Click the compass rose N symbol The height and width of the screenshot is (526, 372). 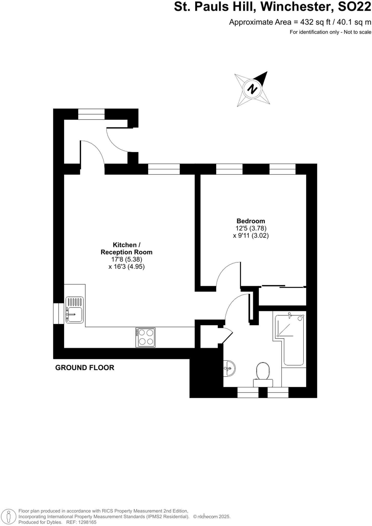click(252, 89)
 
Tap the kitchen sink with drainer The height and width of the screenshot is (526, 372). click(74, 310)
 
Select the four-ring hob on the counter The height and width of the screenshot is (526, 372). click(145, 337)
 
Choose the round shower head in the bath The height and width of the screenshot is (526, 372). click(300, 318)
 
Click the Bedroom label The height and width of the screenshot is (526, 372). click(251, 221)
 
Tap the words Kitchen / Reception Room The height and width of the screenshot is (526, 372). click(126, 248)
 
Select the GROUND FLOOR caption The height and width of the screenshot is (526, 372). click(85, 368)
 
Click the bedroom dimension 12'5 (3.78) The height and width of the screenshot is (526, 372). click(251, 228)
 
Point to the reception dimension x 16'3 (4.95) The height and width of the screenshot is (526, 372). click(126, 267)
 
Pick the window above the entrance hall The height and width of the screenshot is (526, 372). click(91, 114)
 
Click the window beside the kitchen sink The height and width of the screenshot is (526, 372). click(59, 313)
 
